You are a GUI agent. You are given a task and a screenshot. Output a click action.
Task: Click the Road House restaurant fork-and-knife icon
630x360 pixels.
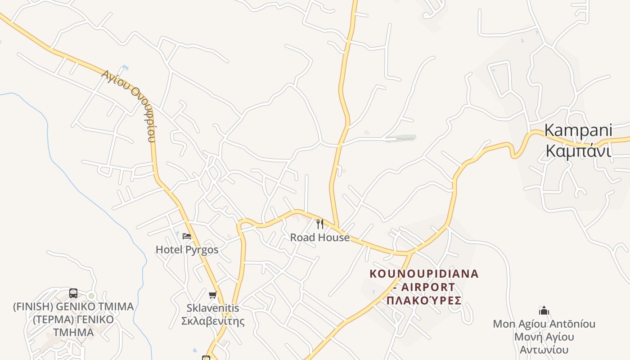(x=320, y=224)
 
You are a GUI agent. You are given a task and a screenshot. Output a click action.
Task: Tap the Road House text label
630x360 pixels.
(x=319, y=238)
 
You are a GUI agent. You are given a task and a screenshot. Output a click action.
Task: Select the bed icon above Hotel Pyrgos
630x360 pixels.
(x=187, y=236)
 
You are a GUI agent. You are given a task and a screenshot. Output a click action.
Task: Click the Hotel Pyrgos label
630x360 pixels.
(x=187, y=250)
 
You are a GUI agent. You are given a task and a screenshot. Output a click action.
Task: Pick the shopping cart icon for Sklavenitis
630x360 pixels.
(x=213, y=295)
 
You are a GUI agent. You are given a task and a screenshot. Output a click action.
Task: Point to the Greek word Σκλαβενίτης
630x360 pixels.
(x=213, y=321)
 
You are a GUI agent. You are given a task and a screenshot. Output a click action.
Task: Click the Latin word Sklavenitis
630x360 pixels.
(x=213, y=308)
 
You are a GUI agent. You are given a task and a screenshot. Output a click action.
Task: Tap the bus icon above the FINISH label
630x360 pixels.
(x=73, y=293)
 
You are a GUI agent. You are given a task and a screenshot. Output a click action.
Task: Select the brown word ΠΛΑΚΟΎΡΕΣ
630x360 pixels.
(x=424, y=300)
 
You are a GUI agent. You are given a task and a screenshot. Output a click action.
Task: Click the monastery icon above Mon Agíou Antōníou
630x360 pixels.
(x=544, y=310)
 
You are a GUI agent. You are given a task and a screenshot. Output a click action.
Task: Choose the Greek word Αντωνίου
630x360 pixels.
(x=544, y=350)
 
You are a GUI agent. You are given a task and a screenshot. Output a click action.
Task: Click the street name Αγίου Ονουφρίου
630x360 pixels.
(x=130, y=104)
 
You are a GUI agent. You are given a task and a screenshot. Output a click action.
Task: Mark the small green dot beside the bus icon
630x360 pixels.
(x=91, y=296)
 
